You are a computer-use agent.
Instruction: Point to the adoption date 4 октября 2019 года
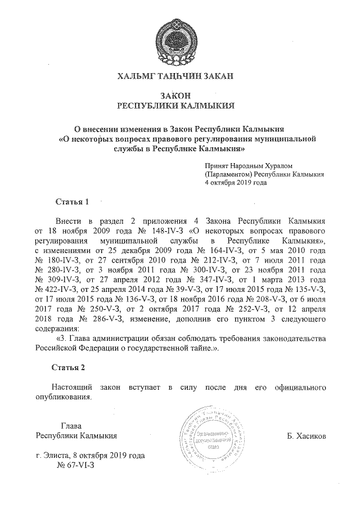coord(236,183)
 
